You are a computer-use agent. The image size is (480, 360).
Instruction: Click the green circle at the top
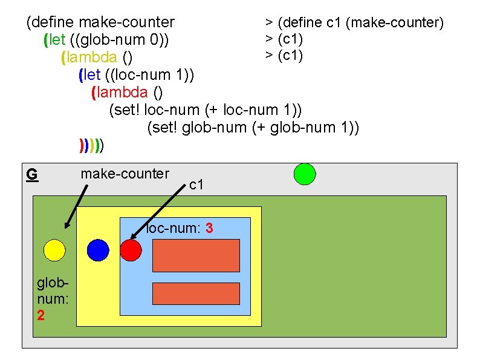(x=304, y=174)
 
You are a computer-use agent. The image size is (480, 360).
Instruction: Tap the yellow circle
(x=54, y=249)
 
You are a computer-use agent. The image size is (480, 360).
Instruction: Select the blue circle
(x=98, y=249)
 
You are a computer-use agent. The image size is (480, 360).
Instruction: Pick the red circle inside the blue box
(x=130, y=249)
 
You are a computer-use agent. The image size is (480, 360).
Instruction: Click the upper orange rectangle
(x=196, y=255)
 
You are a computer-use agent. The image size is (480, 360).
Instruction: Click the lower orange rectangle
(x=196, y=293)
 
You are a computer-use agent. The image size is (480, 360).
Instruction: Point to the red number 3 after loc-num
(x=209, y=228)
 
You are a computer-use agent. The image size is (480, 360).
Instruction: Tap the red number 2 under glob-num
(x=41, y=316)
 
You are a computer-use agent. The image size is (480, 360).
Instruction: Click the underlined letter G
(x=32, y=174)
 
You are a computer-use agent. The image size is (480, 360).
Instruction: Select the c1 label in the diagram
(x=196, y=185)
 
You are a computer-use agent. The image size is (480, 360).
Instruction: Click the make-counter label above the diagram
(x=125, y=174)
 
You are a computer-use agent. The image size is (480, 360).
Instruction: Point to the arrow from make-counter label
(x=77, y=205)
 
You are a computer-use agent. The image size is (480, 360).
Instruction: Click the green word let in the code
(x=53, y=41)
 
